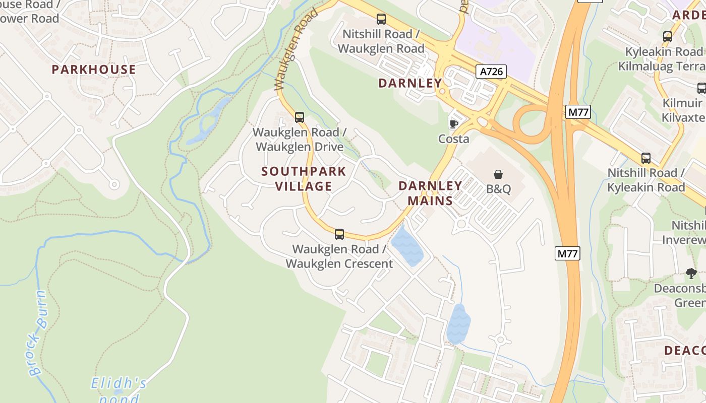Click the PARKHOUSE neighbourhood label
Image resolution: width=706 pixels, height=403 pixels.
94,70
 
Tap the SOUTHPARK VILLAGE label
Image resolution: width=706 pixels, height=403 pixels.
304,179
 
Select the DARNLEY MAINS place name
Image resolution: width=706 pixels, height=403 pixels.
430,193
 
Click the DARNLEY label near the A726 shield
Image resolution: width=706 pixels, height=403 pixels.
410,83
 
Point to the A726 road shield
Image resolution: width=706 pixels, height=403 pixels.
491,72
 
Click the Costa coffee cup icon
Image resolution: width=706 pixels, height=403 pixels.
453,123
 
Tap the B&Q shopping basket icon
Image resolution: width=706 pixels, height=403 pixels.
498,174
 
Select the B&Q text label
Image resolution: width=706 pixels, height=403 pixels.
498,189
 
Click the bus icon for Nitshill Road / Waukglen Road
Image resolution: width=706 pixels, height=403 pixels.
381,19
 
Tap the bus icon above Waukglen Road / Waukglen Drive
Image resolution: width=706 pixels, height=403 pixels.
300,117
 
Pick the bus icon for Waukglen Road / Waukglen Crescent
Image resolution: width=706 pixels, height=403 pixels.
339,234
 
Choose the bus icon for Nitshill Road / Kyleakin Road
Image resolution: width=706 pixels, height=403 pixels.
646,158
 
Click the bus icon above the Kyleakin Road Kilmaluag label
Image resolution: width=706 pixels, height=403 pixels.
668,36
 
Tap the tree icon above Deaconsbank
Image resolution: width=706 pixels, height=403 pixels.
691,274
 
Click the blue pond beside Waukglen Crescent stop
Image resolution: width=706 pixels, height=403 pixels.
407,247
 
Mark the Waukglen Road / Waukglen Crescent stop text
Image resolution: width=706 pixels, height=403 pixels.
339,256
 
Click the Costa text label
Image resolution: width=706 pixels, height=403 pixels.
453,139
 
